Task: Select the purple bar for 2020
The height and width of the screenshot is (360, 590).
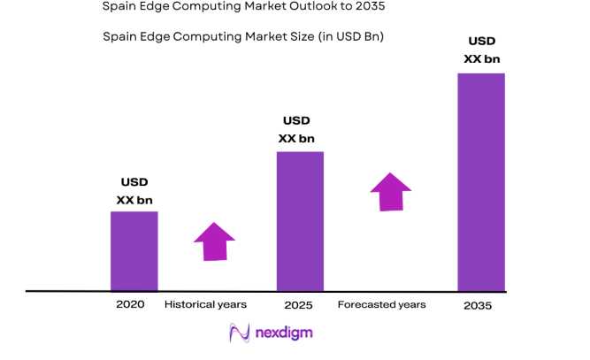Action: pyautogui.click(x=134, y=250)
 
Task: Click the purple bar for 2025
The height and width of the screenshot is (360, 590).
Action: pyautogui.click(x=300, y=221)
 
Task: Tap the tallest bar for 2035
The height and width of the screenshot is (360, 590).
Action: pyautogui.click(x=480, y=181)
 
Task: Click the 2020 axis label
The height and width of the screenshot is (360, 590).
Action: pyautogui.click(x=130, y=304)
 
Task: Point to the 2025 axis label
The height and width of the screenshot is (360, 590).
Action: pyautogui.click(x=298, y=304)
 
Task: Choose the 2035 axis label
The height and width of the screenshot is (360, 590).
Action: pyautogui.click(x=478, y=305)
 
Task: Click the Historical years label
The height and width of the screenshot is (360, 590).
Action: pyautogui.click(x=205, y=304)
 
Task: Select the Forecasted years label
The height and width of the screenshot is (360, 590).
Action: pyautogui.click(x=381, y=304)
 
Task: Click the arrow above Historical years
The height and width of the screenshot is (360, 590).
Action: pyautogui.click(x=214, y=241)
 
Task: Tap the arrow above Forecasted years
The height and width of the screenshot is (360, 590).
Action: pyautogui.click(x=390, y=192)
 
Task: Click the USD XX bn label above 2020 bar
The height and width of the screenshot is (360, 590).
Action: pyautogui.click(x=134, y=191)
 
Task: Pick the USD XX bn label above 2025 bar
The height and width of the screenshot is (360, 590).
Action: pyautogui.click(x=296, y=129)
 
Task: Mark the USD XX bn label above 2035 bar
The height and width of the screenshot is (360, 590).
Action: pyautogui.click(x=481, y=50)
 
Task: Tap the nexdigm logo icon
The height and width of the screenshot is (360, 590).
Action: pyautogui.click(x=239, y=333)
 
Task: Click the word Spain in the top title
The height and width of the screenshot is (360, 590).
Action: pyautogui.click(x=120, y=6)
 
